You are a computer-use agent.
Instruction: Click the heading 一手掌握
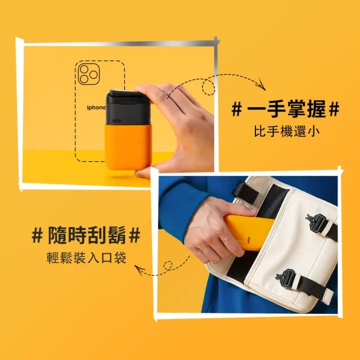click(286, 110)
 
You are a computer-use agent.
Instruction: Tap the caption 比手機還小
click(286, 133)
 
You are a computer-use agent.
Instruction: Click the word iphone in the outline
click(96, 107)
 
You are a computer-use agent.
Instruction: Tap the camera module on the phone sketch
click(88, 74)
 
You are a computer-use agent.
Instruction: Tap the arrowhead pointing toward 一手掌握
click(262, 86)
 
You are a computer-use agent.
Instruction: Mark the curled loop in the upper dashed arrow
click(208, 87)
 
